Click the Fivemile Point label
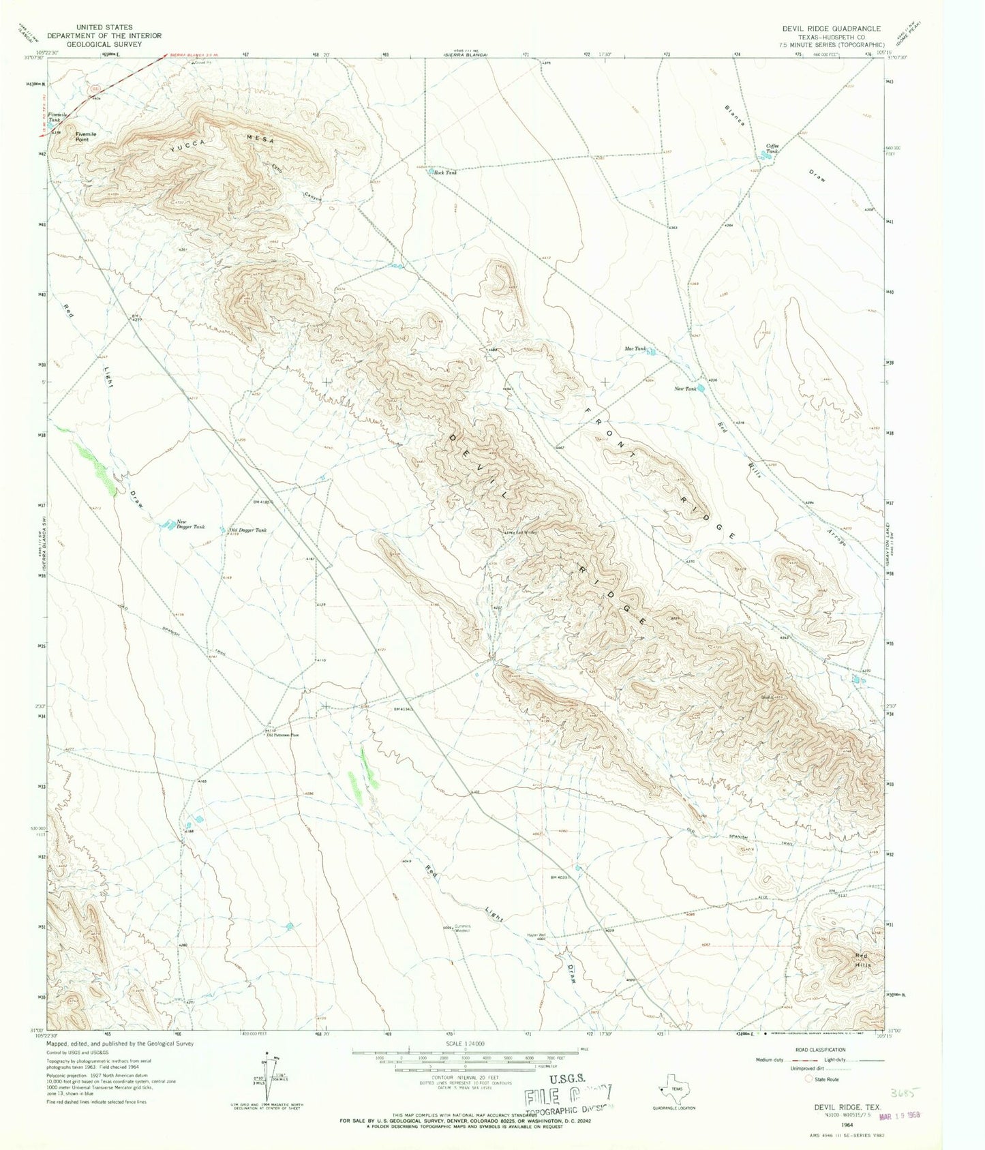(x=86, y=136)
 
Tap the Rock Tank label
(x=445, y=173)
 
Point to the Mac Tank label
(x=635, y=349)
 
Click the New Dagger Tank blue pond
(x=166, y=525)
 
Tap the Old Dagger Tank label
(x=247, y=530)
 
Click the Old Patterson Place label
(x=282, y=736)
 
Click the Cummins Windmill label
(x=463, y=928)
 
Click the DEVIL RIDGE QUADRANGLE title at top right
(x=831, y=29)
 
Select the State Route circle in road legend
(x=809, y=1079)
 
